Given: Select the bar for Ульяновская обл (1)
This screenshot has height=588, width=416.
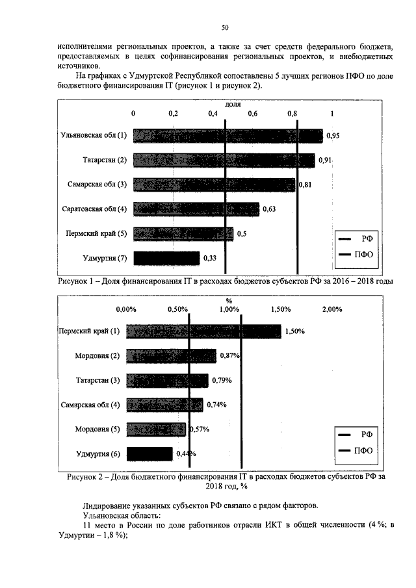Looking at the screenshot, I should coord(227,135).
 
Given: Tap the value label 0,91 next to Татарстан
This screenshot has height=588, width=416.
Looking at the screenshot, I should coord(326,160).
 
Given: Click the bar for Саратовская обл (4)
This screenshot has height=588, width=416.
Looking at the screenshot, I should coord(196,209).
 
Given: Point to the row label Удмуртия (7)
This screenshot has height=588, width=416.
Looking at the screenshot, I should coord(106,258).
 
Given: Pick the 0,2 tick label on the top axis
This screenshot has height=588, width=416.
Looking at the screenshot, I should coord(173,113).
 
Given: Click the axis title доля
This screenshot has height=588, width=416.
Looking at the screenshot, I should coord(233,104).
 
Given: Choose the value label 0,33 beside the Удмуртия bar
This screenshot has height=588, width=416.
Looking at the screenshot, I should coord(210,258).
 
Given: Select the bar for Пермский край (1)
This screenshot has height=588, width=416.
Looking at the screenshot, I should coord(203,331).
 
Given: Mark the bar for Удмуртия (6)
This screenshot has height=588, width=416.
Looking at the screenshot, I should coord(149,454).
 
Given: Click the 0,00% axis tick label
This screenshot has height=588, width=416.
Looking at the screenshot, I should coord(125,309).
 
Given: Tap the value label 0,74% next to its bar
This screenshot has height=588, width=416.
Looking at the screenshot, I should coord(216,405).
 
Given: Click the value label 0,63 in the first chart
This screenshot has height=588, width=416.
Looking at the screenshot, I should coord(268,209).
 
